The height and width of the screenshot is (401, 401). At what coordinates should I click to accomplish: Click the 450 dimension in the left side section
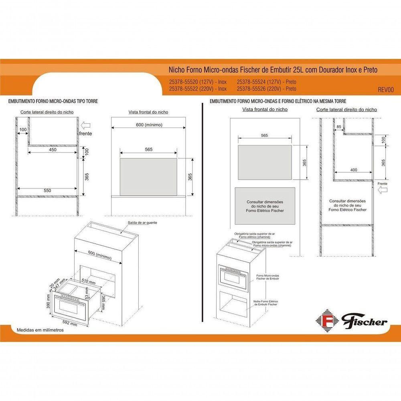(x=53, y=150)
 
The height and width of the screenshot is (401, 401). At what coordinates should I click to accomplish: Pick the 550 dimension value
(x=47, y=191)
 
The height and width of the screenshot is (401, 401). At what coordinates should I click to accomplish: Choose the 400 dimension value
(x=353, y=170)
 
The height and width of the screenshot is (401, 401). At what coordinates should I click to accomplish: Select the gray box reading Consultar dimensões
(x=265, y=206)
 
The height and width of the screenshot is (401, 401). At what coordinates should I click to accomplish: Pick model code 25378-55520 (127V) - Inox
(x=198, y=82)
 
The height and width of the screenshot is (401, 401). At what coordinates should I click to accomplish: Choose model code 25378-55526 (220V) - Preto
(x=267, y=89)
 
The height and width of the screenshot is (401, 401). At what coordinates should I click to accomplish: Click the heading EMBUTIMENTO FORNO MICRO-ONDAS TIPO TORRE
(x=53, y=102)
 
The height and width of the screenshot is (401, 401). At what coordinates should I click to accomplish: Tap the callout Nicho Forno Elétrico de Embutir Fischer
(x=265, y=303)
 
